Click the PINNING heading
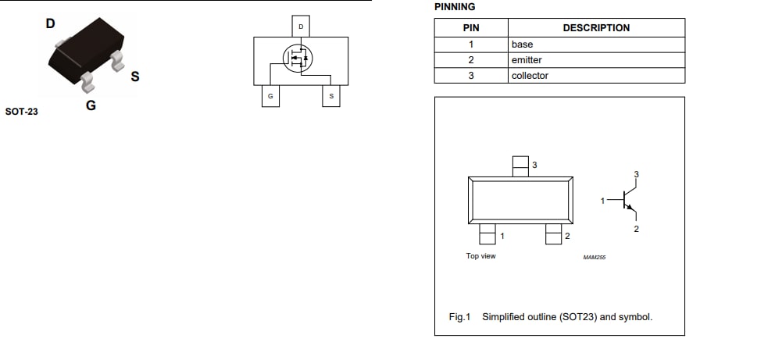[454, 7]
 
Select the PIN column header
[471, 28]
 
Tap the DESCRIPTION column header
[595, 28]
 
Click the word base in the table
[522, 45]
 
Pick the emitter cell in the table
[527, 60]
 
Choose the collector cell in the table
[530, 76]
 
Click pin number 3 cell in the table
[471, 76]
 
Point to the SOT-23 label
[21, 112]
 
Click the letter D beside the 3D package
[51, 23]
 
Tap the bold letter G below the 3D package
[91, 105]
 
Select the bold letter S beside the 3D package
[135, 77]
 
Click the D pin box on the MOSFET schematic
[301, 27]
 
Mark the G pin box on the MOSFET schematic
[270, 96]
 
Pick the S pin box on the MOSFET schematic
[331, 96]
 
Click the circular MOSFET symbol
[297, 59]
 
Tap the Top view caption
[480, 256]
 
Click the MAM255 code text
[595, 257]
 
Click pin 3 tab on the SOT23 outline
[520, 166]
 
